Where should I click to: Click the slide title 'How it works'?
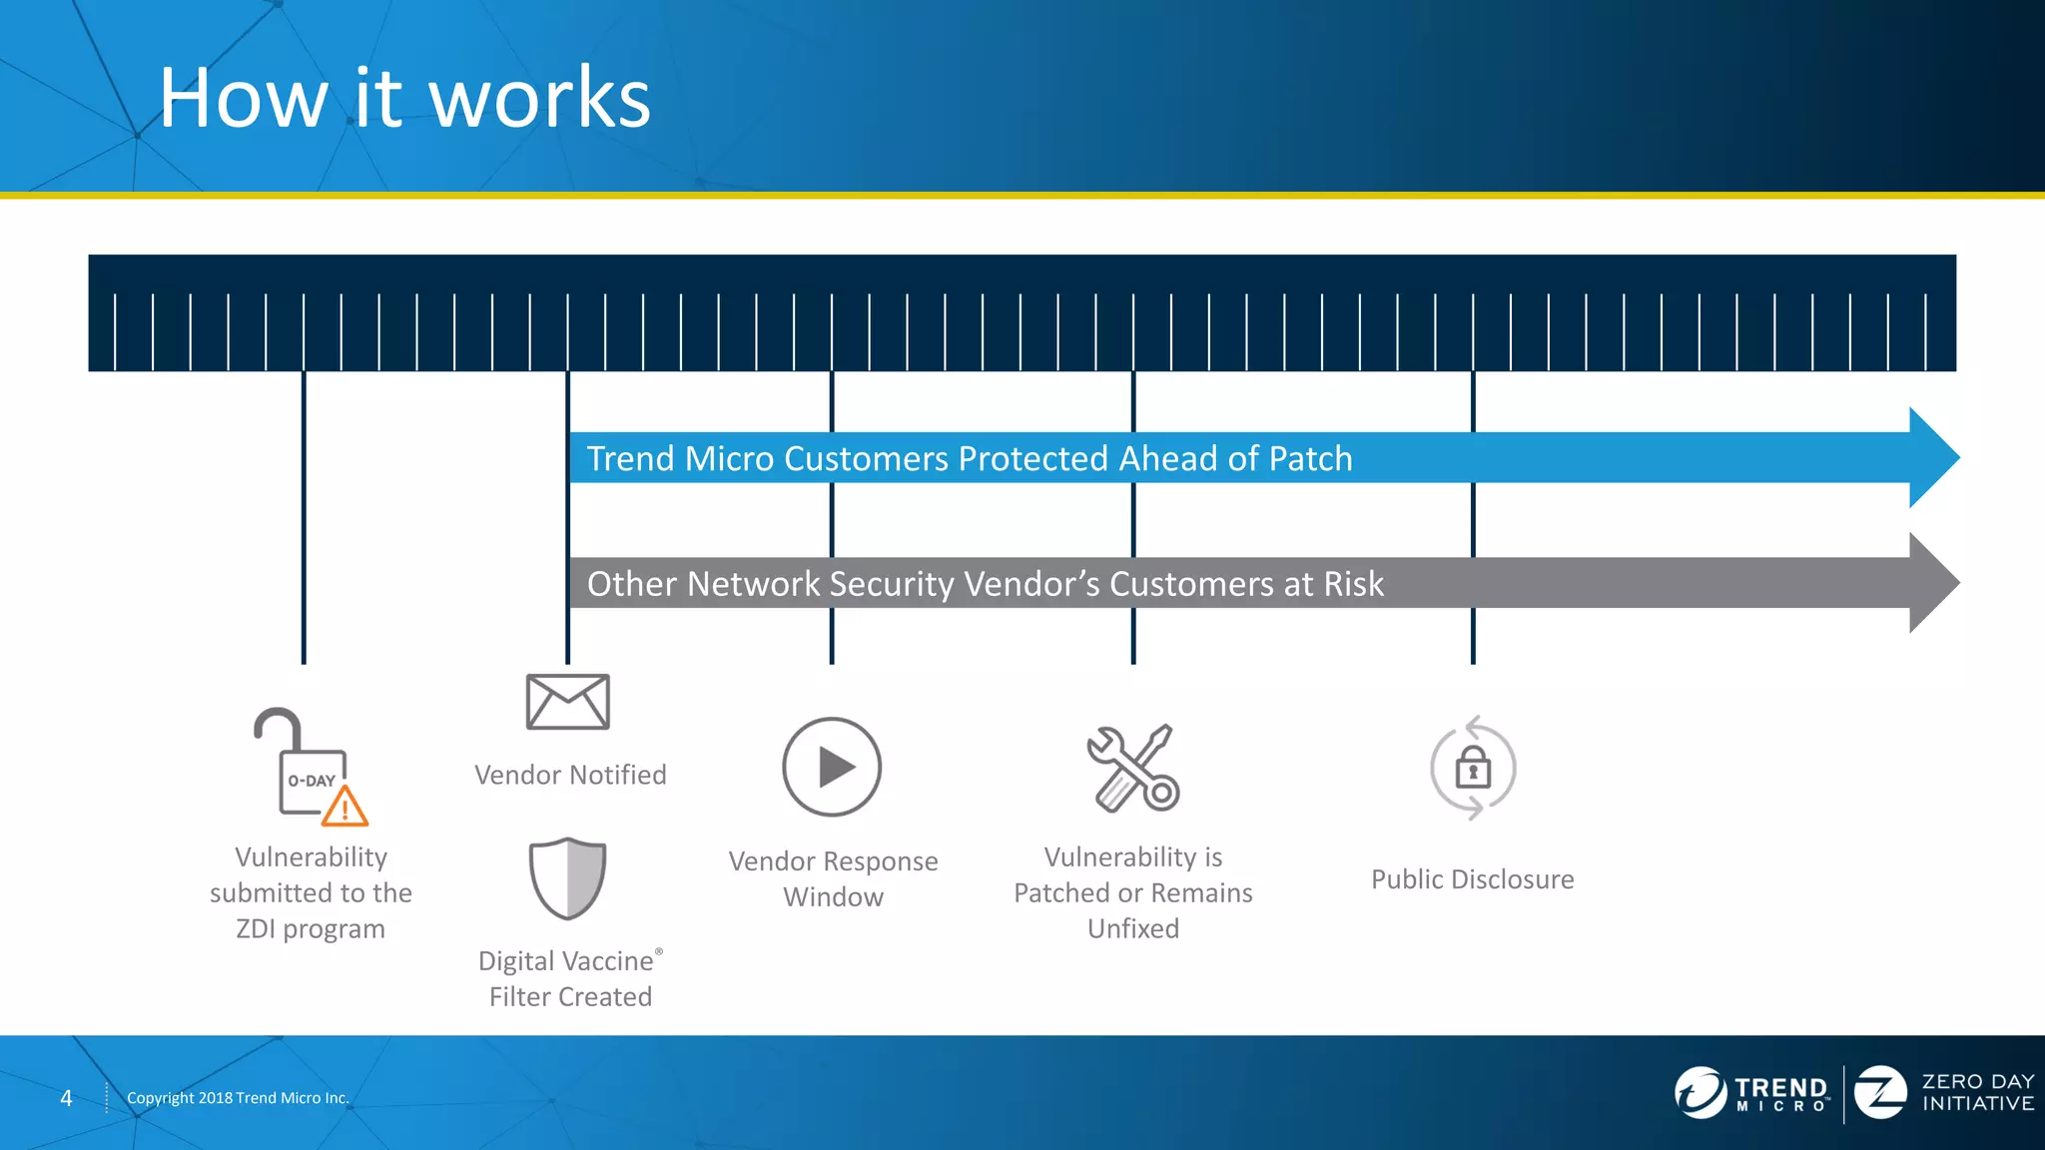coord(404,98)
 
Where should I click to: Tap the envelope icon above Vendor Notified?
coord(567,702)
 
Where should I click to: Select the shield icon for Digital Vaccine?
coord(567,877)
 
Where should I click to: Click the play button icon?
coord(832,767)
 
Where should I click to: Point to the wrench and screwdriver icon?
coord(1133,767)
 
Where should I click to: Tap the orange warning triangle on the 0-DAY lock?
coord(345,807)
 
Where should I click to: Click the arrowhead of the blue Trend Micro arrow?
coord(1933,458)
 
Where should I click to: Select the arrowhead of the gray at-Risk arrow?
coord(1933,583)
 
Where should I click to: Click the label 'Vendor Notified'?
coord(570,775)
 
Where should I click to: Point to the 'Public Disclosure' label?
coord(1472,879)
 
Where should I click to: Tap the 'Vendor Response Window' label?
coord(833,878)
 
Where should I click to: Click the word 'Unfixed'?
coord(1133,928)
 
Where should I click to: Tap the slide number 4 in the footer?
coord(66,1098)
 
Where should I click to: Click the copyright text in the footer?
coord(238,1098)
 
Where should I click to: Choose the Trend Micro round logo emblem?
coord(1700,1092)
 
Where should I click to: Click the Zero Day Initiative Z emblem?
coord(1880,1092)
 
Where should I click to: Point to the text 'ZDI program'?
coord(311,928)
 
